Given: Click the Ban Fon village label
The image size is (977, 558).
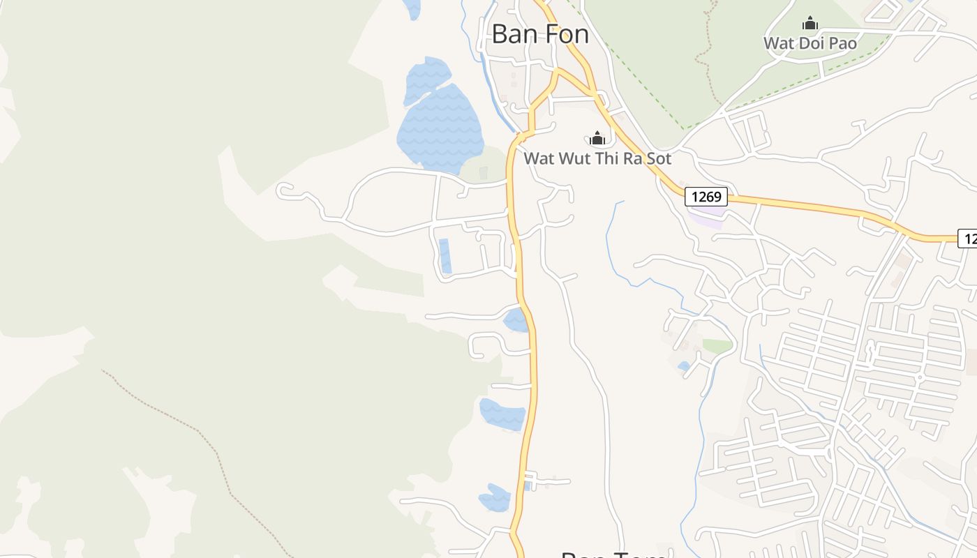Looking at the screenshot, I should click(x=540, y=33).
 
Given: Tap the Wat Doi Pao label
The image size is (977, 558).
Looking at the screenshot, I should click(x=810, y=43).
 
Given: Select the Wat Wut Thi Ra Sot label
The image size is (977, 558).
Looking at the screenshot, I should click(x=597, y=158).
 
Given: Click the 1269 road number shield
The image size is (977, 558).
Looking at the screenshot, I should click(x=706, y=197).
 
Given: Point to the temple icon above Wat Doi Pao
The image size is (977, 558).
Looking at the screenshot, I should click(x=810, y=24).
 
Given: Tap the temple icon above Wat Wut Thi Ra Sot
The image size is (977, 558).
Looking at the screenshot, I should click(x=597, y=138).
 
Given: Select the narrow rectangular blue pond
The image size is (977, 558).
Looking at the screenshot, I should click(x=445, y=256).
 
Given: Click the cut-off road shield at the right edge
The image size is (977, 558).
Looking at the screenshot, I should click(x=968, y=239).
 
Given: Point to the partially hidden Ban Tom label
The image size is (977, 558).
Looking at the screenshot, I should click(x=613, y=554).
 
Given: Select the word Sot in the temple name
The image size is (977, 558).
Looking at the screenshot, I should click(x=657, y=158).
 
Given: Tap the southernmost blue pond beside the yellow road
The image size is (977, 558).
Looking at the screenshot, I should click(x=495, y=498).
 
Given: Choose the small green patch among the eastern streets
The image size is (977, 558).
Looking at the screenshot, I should click(x=717, y=345).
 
